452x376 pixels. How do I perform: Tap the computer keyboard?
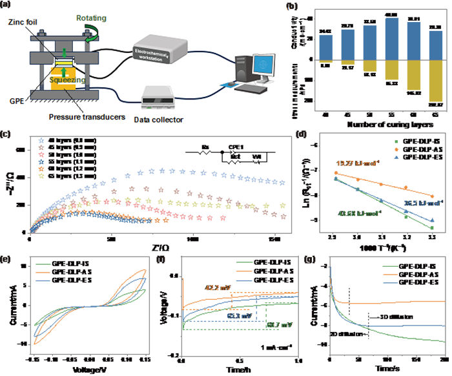pos(254,90)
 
